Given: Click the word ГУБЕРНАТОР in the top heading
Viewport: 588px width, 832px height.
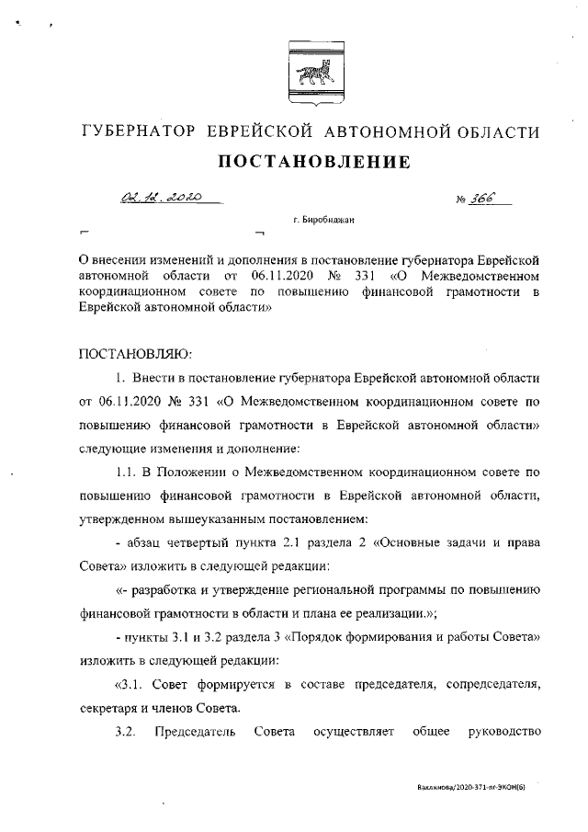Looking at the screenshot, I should (139, 131).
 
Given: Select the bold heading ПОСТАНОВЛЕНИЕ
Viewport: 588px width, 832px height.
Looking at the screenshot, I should (312, 164).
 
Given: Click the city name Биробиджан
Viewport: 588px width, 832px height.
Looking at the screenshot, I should (334, 220).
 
